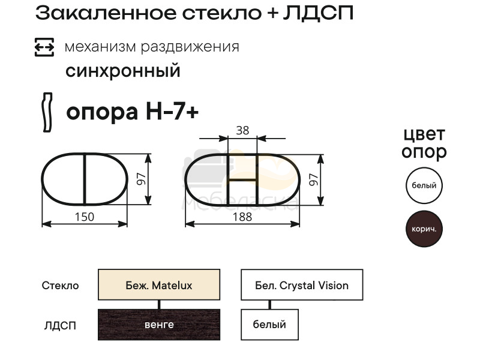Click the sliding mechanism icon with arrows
44,47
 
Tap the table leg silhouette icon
47,112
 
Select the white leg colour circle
424,185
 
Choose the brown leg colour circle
424,229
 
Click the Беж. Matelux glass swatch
159,284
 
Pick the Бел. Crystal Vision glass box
302,284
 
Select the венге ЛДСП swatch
159,325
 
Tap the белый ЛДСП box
269,325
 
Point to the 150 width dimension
85,217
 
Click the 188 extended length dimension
242,217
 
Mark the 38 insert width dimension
242,130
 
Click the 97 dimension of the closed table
141,179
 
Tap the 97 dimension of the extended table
313,179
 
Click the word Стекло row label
61,286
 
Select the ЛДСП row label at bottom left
60,325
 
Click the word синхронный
123,71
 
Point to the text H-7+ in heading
172,111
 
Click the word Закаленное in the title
106,13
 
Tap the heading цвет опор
424,143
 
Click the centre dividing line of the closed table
84,179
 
